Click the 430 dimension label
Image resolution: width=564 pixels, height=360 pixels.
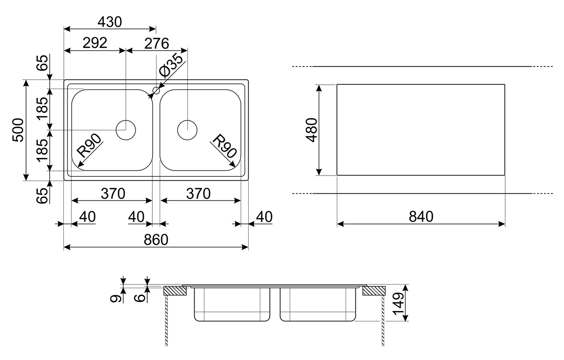pyautogui.click(x=109, y=21)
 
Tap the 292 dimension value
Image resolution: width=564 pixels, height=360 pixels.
pyautogui.click(x=95, y=42)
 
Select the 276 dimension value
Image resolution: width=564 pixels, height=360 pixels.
pyautogui.click(x=156, y=42)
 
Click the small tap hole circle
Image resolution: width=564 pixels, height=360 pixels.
pyautogui.click(x=156, y=89)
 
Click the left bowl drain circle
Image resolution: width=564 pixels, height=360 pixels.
pyautogui.click(x=126, y=129)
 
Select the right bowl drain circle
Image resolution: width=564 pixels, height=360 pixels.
pyautogui.click(x=187, y=129)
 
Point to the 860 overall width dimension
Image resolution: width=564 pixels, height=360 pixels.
pyautogui.click(x=156, y=239)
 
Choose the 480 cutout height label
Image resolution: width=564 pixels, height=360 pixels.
pyautogui.click(x=311, y=130)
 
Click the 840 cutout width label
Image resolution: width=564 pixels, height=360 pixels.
pyautogui.click(x=421, y=217)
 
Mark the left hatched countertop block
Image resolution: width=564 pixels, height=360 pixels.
pyautogui.click(x=175, y=291)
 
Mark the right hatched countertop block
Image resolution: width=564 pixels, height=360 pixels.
pyautogui.click(x=374, y=291)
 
